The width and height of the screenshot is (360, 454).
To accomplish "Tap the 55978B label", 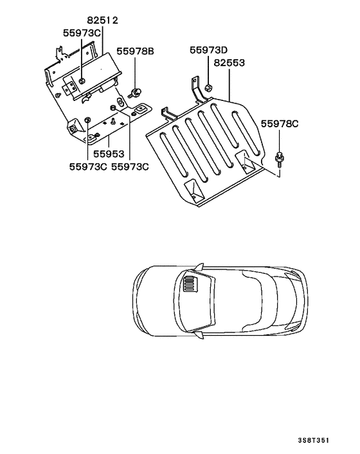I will click(x=134, y=50).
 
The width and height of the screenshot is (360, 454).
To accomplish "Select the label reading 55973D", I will click(x=208, y=50).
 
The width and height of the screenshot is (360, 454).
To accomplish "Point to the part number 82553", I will click(x=231, y=64).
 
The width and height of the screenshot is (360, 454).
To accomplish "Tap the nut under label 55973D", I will click(x=209, y=87).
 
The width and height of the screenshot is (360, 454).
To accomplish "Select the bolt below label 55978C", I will click(x=280, y=156).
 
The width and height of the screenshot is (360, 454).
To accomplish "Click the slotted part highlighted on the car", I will click(x=191, y=283).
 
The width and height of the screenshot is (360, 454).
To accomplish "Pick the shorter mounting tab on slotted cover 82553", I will click(x=168, y=114).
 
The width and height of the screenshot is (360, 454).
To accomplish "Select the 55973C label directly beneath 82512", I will click(x=82, y=32).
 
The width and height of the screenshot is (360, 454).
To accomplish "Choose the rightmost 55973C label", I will click(x=130, y=166).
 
